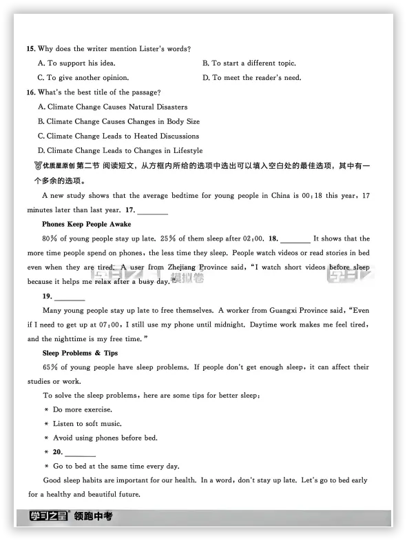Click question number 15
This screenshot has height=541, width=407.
(31, 49)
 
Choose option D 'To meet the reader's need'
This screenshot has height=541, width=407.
(251, 78)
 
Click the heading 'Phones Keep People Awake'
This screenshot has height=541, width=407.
(86, 224)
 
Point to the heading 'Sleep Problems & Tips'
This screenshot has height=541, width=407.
(80, 353)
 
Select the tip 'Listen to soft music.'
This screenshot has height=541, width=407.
(87, 424)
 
